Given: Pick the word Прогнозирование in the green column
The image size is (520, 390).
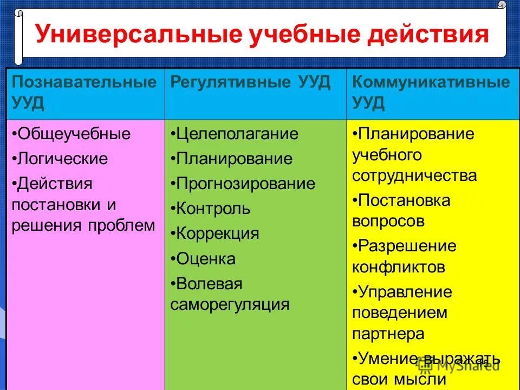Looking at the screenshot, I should click(x=246, y=184).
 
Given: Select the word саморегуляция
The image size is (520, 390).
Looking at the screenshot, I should click(x=230, y=304).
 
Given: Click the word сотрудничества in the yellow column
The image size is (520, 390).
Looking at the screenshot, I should click(x=414, y=175).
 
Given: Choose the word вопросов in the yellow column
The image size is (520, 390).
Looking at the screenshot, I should click(x=388, y=221).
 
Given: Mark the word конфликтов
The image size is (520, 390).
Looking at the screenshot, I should click(x=399, y=266).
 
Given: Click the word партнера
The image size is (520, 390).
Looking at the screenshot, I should click(x=388, y=333).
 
